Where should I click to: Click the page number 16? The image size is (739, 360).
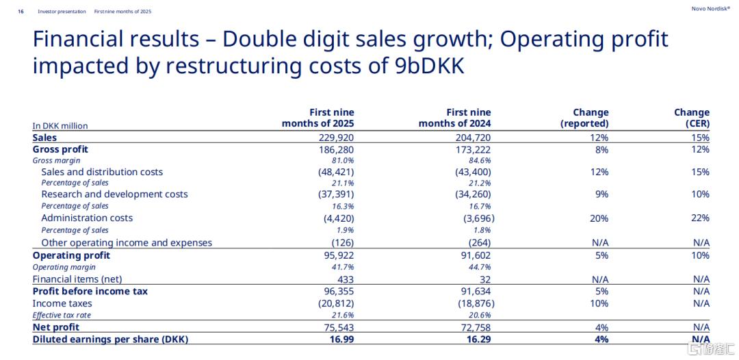pos(21,12)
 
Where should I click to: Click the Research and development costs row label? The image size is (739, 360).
pos(114,194)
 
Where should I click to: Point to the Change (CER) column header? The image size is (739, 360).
pos(692,118)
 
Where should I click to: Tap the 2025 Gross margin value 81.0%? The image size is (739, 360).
pos(342,161)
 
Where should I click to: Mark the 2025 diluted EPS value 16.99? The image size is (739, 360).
pos(341,339)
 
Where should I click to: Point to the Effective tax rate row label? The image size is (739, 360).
pos(62,316)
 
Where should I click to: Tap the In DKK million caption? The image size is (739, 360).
pos(60,126)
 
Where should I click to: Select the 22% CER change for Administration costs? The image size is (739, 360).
pos(700,218)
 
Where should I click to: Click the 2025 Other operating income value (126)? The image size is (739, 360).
pos(342,243)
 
